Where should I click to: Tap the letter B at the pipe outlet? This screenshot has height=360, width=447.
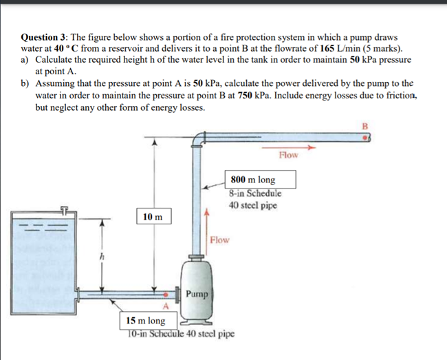click(x=366, y=126)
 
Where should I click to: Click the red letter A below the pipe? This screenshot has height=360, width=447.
click(x=165, y=306)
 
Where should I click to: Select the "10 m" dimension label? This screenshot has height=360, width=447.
click(x=153, y=217)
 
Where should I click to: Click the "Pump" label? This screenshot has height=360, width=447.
click(x=196, y=294)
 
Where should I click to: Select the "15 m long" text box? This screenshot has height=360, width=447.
click(x=146, y=321)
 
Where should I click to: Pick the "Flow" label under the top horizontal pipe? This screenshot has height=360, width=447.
click(x=289, y=155)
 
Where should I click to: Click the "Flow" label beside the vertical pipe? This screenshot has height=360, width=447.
click(x=220, y=240)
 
